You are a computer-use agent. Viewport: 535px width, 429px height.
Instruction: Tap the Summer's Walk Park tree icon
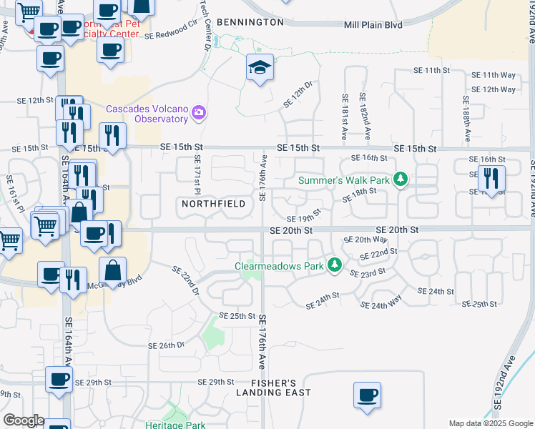pyautogui.click(x=401, y=179)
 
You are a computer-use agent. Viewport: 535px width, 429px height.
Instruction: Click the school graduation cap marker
pyautogui.click(x=260, y=68)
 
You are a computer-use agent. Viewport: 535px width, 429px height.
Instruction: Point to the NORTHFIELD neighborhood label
pyautogui.click(x=214, y=204)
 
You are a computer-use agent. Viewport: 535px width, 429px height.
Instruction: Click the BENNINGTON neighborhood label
pyautogui.click(x=250, y=22)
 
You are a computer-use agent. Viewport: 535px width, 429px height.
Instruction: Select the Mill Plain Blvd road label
pyautogui.click(x=373, y=24)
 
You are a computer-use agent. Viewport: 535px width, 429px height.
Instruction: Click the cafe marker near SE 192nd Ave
pyautogui.click(x=367, y=395)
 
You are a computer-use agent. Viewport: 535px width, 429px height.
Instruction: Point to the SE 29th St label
pyautogui.click(x=216, y=383)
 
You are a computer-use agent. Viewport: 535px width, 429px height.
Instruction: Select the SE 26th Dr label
pyautogui.click(x=167, y=345)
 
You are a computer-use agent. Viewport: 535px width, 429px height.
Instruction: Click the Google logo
pyautogui.click(x=24, y=420)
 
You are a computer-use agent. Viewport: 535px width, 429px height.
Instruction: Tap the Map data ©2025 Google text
pyautogui.click(x=490, y=423)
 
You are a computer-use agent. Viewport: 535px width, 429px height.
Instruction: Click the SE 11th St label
pyautogui.click(x=431, y=71)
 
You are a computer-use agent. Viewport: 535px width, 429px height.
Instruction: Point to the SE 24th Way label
pyautogui.click(x=382, y=305)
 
